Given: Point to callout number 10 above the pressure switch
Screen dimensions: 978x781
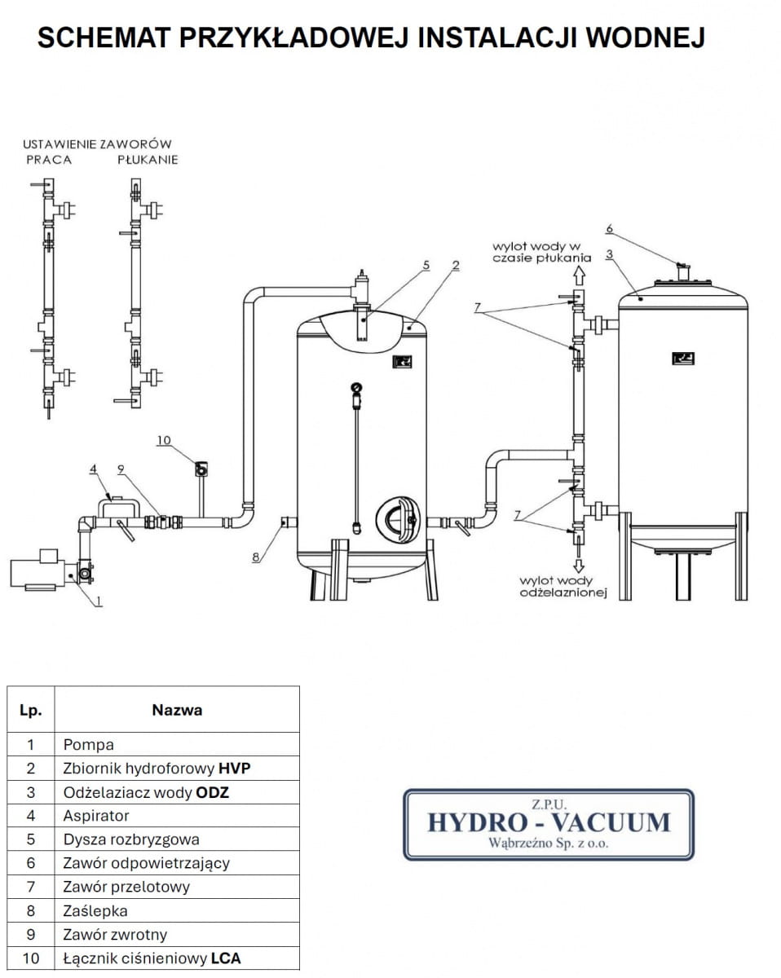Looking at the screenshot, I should tap(164, 441).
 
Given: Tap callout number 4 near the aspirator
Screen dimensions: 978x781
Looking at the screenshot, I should tap(94, 469).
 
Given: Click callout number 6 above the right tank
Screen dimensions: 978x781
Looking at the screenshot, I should tap(608, 229).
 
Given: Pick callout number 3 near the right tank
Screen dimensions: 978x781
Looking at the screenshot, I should tap(609, 255).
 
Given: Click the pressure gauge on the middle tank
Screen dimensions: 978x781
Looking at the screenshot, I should tap(356, 388).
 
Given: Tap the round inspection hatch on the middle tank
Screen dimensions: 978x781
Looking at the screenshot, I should tap(397, 519).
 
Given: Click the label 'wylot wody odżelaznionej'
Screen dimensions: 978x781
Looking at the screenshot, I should tap(564, 587).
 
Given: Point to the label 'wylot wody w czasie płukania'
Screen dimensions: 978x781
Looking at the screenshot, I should tap(536, 251).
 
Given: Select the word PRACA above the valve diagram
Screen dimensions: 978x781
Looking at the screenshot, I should tap(50, 160).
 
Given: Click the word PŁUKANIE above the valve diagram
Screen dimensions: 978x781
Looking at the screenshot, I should tap(148, 160).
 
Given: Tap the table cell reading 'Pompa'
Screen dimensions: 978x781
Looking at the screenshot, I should tap(89, 744).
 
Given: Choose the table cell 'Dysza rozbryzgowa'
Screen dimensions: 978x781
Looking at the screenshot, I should tap(130, 839).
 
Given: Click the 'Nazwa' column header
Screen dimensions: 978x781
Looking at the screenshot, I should tap(177, 710).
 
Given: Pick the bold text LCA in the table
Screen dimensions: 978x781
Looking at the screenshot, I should tap(226, 958).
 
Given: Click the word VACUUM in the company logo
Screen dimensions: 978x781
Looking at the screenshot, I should tap(610, 822).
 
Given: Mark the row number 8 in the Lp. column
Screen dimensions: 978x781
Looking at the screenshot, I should tap(31, 910).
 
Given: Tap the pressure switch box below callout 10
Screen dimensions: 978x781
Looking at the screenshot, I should tap(199, 469).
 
